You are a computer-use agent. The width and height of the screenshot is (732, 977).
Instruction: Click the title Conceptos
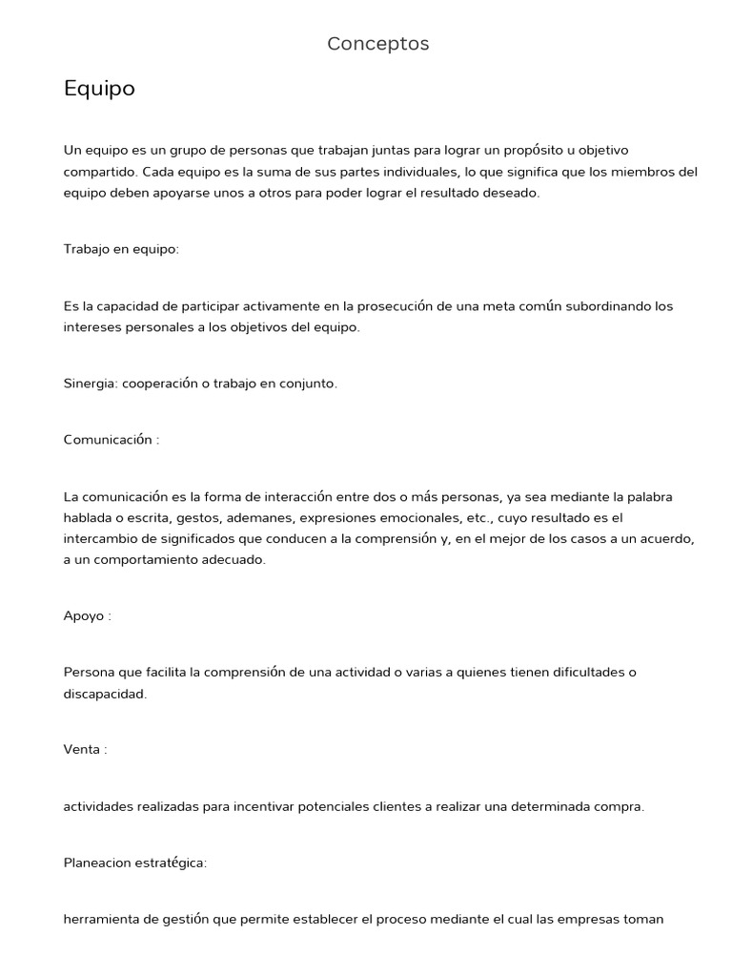click(377, 44)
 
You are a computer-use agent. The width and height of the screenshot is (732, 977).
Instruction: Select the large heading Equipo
click(99, 89)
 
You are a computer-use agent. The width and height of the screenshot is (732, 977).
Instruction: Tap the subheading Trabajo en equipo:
click(121, 249)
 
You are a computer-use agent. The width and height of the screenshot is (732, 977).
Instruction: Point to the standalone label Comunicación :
click(112, 440)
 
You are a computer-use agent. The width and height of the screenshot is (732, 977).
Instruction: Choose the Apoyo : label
click(87, 615)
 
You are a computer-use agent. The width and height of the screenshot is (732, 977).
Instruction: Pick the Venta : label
click(85, 749)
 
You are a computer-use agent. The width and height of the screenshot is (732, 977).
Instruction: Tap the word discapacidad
click(105, 694)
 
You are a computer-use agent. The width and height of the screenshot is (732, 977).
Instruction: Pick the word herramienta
click(102, 920)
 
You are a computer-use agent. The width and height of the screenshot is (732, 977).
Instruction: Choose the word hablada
click(89, 518)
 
